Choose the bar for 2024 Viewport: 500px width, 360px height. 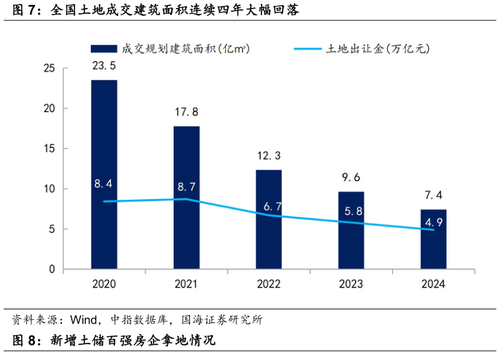click(x=433, y=251)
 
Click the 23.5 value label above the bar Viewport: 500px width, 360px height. click(x=104, y=65)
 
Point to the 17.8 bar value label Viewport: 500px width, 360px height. click(x=186, y=111)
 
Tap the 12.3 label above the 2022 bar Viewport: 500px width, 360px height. click(x=269, y=156)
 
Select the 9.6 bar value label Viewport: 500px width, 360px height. click(x=351, y=177)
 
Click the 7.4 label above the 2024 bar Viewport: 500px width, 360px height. click(x=433, y=195)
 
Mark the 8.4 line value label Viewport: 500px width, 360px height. click(x=104, y=184)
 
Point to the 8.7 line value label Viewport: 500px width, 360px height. click(x=186, y=187)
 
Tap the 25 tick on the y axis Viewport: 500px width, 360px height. click(x=49, y=68)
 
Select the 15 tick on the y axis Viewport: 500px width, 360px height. click(x=49, y=149)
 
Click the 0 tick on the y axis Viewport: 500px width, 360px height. click(x=52, y=270)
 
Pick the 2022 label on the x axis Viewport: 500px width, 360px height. click(x=269, y=284)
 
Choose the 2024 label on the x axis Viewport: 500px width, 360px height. click(x=433, y=284)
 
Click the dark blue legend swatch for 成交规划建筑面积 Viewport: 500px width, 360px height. click(x=103, y=48)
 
